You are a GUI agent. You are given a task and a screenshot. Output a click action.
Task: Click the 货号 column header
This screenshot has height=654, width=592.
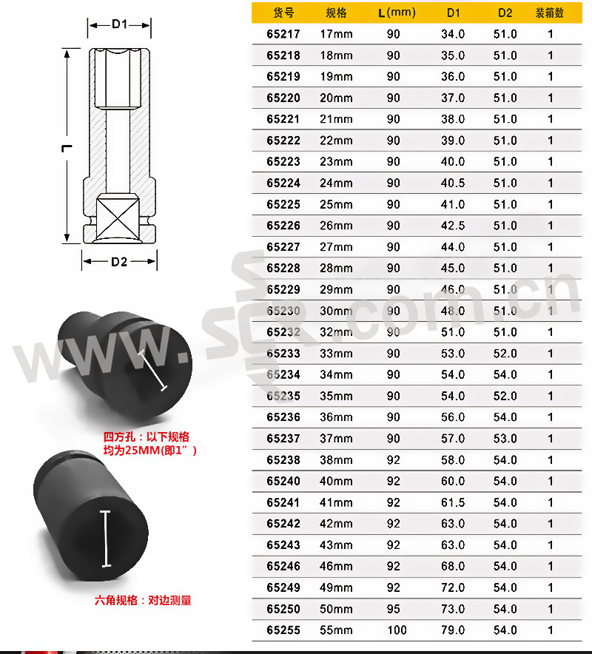(283, 13)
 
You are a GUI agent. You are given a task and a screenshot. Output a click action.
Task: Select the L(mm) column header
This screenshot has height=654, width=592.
(397, 13)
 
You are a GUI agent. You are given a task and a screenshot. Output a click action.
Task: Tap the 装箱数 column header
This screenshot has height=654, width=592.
(549, 13)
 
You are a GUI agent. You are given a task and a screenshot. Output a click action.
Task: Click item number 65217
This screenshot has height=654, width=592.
(283, 34)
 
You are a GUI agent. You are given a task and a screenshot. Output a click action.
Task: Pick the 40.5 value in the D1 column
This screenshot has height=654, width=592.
(453, 183)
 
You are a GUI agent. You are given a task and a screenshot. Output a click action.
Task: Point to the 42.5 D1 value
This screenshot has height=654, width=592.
(453, 226)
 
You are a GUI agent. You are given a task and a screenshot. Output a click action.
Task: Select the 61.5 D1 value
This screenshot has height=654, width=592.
(453, 502)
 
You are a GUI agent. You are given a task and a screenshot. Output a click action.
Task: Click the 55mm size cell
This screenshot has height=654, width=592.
(336, 630)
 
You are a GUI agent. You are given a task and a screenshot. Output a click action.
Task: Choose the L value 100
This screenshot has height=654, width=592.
(397, 630)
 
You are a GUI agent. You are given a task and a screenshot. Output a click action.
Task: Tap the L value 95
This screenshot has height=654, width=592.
(394, 609)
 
